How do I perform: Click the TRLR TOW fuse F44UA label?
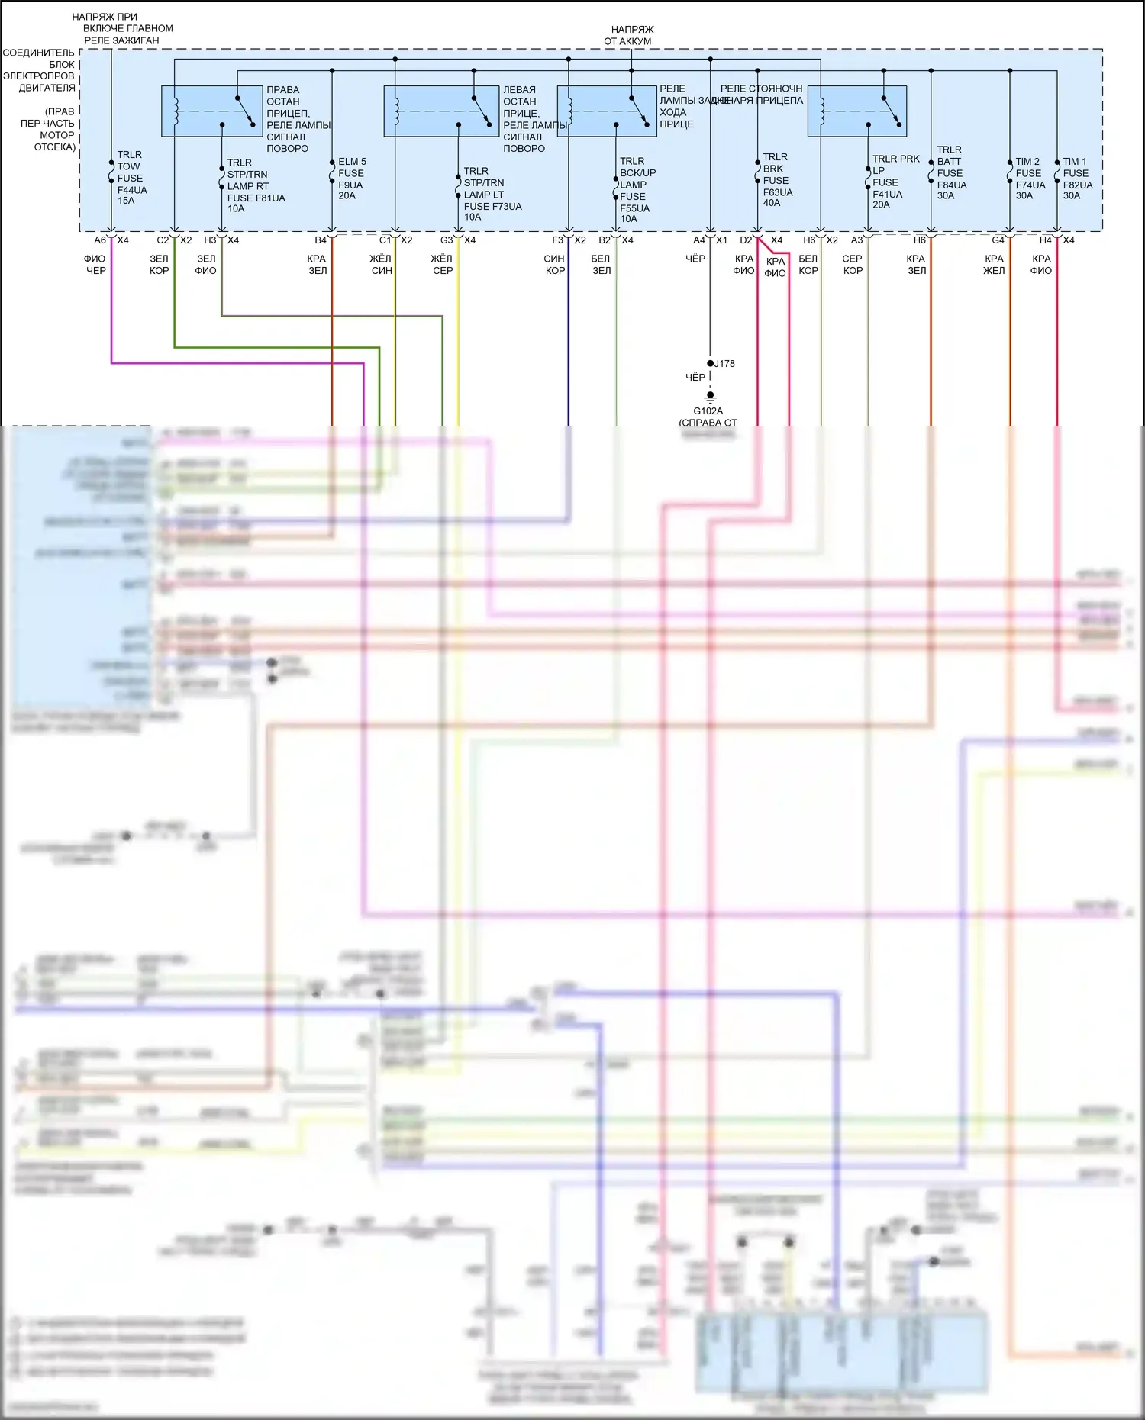pos(131,178)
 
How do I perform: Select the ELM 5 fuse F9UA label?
pos(352,179)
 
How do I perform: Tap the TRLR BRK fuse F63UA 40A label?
pos(777,180)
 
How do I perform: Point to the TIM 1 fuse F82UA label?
pos(1077,179)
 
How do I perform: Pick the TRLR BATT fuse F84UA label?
pos(951,172)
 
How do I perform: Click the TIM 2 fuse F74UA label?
pos(1030,179)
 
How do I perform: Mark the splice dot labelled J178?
pos(711,363)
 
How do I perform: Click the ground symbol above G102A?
pos(710,396)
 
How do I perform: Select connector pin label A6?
pos(100,240)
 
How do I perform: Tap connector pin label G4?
pos(998,240)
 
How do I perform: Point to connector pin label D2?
pos(746,240)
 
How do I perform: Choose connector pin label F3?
pos(558,240)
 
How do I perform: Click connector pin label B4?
pos(321,240)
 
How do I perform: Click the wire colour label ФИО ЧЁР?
pos(95,265)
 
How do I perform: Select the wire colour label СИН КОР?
pos(555,265)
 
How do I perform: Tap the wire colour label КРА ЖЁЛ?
pos(994,265)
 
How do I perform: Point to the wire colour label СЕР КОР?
pos(853,265)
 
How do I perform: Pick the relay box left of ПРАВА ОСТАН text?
pos(211,111)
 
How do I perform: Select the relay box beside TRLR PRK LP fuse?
pos(857,111)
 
